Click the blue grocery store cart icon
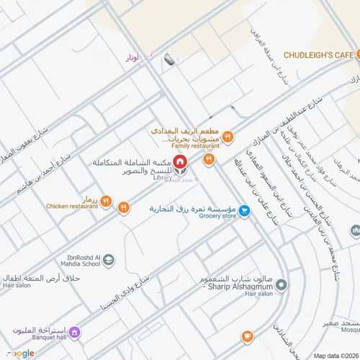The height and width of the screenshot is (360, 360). [x=245, y=211]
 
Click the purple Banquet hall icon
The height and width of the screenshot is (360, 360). [x=75, y=333]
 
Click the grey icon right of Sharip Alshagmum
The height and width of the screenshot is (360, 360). [x=282, y=286]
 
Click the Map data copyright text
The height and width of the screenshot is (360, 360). [x=334, y=354]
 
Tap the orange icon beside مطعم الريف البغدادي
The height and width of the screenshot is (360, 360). [x=228, y=135]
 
